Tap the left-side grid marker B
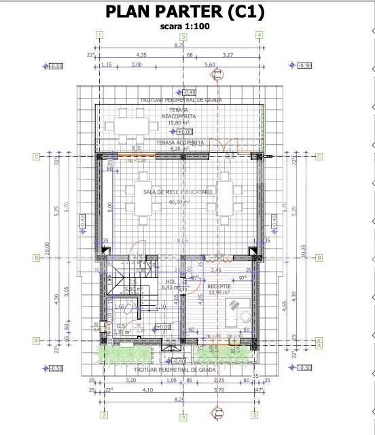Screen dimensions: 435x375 tap(35, 258)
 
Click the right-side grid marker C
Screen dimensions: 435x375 tap(319, 156)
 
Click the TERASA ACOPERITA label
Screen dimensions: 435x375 tap(180, 143)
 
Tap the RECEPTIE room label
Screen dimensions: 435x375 tap(219, 288)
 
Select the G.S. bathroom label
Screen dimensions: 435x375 tap(121, 327)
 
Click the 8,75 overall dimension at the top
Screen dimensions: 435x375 tap(179, 46)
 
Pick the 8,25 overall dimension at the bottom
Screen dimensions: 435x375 tap(179, 401)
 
